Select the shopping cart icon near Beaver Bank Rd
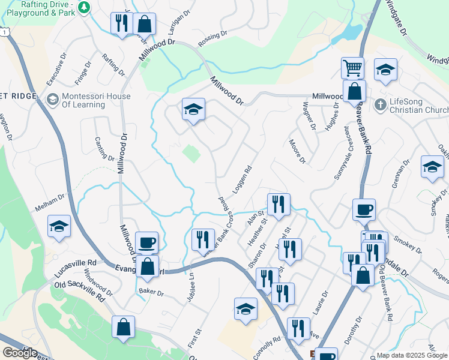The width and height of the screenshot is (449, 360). (352, 67)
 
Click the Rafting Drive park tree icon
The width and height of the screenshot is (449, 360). (85, 7)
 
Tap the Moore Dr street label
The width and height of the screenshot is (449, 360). (297, 152)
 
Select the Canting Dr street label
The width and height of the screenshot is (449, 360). (104, 148)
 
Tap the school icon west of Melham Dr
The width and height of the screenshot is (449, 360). (58, 226)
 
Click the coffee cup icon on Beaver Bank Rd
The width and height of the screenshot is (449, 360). (364, 210)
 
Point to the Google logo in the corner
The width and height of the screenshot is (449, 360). (20, 353)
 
